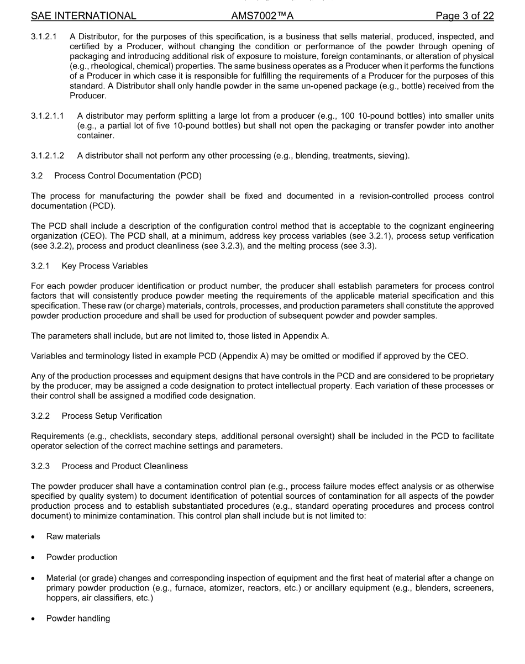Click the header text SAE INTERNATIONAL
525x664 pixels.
(x=83, y=16)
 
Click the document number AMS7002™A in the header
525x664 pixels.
(x=262, y=16)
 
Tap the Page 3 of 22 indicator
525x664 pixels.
(x=464, y=16)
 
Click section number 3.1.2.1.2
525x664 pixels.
(x=48, y=156)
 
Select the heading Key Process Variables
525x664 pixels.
(x=104, y=266)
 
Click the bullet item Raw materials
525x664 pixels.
(x=73, y=536)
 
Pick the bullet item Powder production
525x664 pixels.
(x=82, y=557)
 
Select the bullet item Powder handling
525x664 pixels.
(x=78, y=618)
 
